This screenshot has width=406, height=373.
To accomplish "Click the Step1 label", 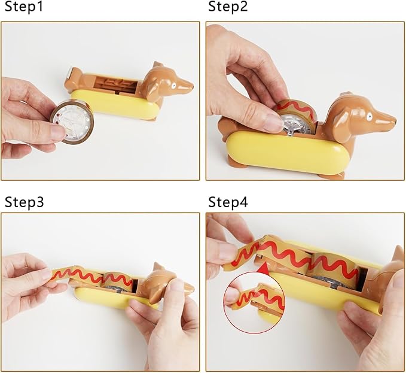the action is pyautogui.click(x=24, y=6).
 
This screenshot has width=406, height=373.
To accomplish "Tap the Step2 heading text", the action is pyautogui.click(x=228, y=6).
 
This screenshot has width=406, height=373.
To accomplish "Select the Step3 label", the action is pyautogui.click(x=24, y=202).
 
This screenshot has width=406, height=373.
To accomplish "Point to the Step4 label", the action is pyautogui.click(x=228, y=202).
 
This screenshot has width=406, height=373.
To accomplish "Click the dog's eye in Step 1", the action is pyautogui.click(x=173, y=85).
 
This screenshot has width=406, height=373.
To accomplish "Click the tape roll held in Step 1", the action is pyautogui.click(x=71, y=122).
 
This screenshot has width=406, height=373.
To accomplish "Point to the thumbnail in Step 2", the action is pyautogui.click(x=273, y=122).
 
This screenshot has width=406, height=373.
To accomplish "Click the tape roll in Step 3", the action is pyautogui.click(x=118, y=282).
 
